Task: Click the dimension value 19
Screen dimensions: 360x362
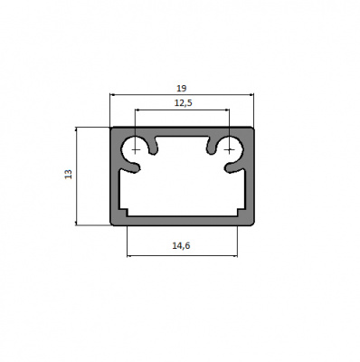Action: (182, 89)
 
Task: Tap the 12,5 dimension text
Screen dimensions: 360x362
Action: (184, 103)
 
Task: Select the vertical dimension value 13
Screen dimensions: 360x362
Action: (69, 174)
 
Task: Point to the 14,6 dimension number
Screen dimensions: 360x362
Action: (182, 246)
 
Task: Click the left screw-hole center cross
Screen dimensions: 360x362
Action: (136, 149)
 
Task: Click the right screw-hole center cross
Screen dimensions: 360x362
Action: (230, 149)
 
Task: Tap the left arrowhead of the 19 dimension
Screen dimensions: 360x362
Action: (112, 95)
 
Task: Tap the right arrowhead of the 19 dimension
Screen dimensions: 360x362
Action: (251, 95)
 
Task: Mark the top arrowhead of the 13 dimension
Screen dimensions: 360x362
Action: (76, 129)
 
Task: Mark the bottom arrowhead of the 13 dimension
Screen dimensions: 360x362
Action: (76, 223)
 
